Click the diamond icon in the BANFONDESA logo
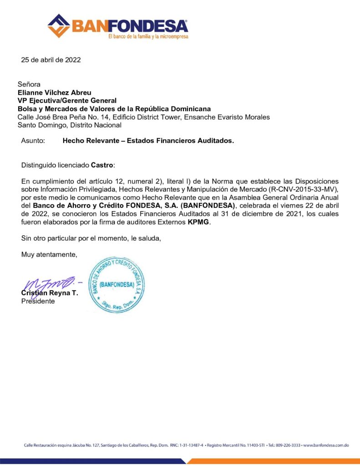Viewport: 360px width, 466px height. (x=59, y=26)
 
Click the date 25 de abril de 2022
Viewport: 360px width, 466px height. (x=51, y=60)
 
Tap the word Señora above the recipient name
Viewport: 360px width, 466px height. (x=29, y=84)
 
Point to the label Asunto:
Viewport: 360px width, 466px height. (x=33, y=141)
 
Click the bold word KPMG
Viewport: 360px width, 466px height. (x=199, y=223)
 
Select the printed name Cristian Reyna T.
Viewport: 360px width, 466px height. (x=50, y=293)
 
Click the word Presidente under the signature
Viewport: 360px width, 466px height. (x=38, y=301)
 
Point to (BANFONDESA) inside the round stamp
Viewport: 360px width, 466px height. (x=116, y=285)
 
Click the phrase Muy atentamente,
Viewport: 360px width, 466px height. (x=49, y=254)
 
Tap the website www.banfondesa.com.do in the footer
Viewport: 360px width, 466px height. (x=326, y=445)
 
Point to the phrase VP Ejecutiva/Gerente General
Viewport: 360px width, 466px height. (x=67, y=101)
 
